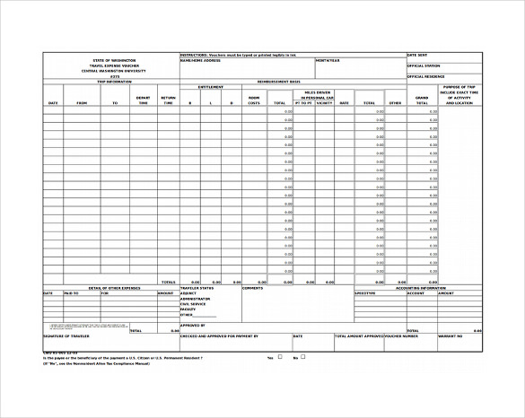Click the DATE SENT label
419,55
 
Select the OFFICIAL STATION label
424,65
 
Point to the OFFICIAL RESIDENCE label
426,76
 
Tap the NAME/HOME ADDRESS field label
200,60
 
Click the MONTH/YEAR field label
328,60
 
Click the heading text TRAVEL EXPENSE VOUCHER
114,65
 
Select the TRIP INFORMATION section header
114,81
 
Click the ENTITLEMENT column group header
211,87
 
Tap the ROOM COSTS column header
254,100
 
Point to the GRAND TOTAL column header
422,100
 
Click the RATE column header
344,103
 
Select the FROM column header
82,103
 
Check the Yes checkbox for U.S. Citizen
280,357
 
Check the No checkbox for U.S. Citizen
303,357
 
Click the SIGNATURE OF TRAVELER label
66,336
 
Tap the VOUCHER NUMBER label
401,336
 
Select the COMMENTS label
252,288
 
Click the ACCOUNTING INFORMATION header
419,288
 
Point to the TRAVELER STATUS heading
197,288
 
